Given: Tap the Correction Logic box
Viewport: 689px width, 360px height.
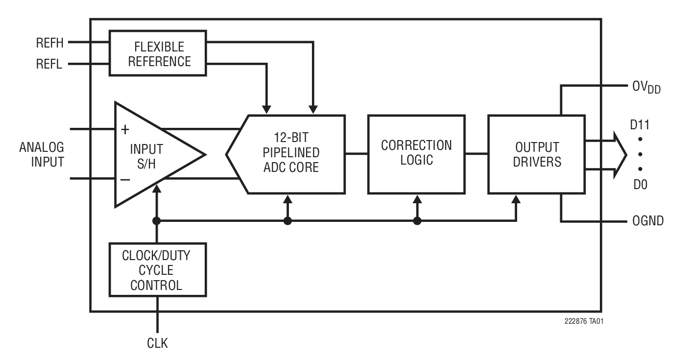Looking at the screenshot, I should point(416,154).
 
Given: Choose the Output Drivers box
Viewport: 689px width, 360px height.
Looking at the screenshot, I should point(536,154).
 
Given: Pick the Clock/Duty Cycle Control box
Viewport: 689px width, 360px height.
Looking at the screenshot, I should point(157,270).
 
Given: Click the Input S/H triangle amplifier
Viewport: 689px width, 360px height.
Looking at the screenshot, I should point(152,155).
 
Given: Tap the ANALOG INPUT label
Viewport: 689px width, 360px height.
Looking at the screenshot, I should point(42,154).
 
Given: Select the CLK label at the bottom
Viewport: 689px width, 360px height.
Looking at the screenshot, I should point(157,343).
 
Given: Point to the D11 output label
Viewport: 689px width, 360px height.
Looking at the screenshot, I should point(640,125).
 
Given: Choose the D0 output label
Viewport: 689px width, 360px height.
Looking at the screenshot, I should point(640,185).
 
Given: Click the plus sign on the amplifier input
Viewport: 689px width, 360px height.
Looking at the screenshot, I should point(125,129).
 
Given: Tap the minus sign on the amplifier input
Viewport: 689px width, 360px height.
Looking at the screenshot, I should point(125,179).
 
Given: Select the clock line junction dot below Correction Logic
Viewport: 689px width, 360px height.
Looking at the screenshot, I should point(417,221).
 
